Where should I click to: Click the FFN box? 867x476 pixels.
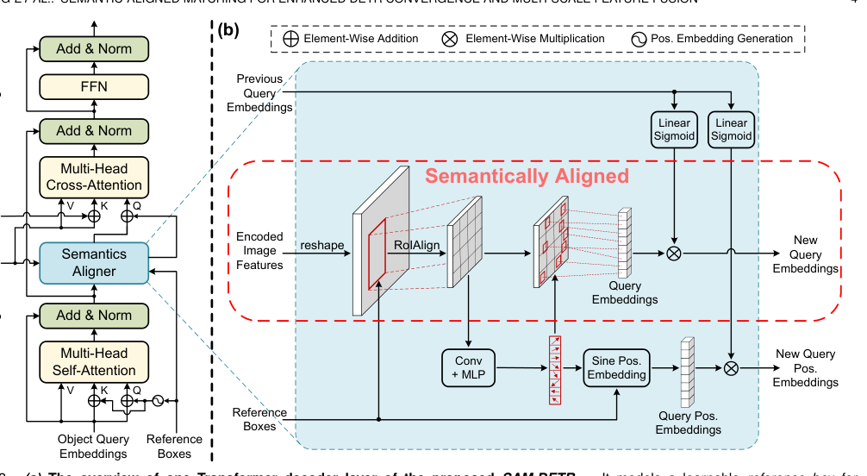pyautogui.click(x=94, y=87)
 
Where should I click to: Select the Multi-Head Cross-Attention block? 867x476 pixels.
pyautogui.click(x=94, y=177)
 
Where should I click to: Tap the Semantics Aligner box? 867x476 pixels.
pyautogui.click(x=94, y=262)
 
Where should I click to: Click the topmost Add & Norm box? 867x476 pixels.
pyautogui.click(x=94, y=48)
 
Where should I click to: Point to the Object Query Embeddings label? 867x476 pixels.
pyautogui.click(x=93, y=447)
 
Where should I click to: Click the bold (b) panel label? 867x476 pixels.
pyautogui.click(x=229, y=30)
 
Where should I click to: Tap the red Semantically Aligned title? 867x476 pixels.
pyautogui.click(x=528, y=177)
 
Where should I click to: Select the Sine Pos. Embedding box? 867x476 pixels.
pyautogui.click(x=616, y=367)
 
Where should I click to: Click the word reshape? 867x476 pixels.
pyautogui.click(x=321, y=246)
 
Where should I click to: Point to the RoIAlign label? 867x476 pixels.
pyautogui.click(x=416, y=246)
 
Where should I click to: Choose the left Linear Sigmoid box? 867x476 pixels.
pyautogui.click(x=674, y=129)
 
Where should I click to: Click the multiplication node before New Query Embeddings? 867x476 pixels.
pyautogui.click(x=674, y=254)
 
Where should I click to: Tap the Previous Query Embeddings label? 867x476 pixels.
pyautogui.click(x=259, y=93)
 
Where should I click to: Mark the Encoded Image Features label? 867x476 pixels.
pyautogui.click(x=259, y=249)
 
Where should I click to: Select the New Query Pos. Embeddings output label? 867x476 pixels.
pyautogui.click(x=806, y=368)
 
